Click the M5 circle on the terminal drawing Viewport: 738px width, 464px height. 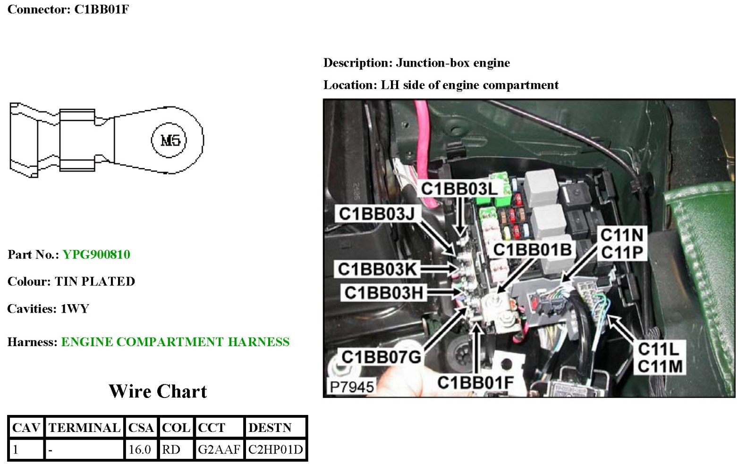(x=169, y=140)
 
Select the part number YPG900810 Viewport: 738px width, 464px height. (x=96, y=255)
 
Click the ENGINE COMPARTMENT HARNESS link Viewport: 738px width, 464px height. (x=175, y=342)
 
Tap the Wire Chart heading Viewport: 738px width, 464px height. (x=158, y=391)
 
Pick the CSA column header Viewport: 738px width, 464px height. (x=141, y=428)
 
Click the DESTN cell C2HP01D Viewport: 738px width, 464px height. (x=275, y=449)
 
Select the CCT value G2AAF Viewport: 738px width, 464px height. (x=219, y=449)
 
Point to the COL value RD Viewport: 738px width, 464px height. (x=171, y=449)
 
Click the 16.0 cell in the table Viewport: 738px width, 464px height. (x=140, y=449)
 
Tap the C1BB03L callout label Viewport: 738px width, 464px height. (x=459, y=189)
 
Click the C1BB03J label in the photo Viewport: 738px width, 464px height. (x=376, y=214)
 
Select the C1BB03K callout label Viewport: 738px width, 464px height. (x=377, y=269)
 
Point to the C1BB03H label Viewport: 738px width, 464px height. (x=383, y=293)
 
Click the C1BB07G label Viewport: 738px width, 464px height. (x=381, y=357)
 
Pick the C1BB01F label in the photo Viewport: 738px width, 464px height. (x=475, y=382)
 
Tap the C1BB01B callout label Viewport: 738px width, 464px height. (x=532, y=249)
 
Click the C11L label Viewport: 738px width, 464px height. (x=658, y=349)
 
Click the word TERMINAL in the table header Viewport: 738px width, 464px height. (x=85, y=428)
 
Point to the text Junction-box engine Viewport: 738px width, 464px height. (x=453, y=63)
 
